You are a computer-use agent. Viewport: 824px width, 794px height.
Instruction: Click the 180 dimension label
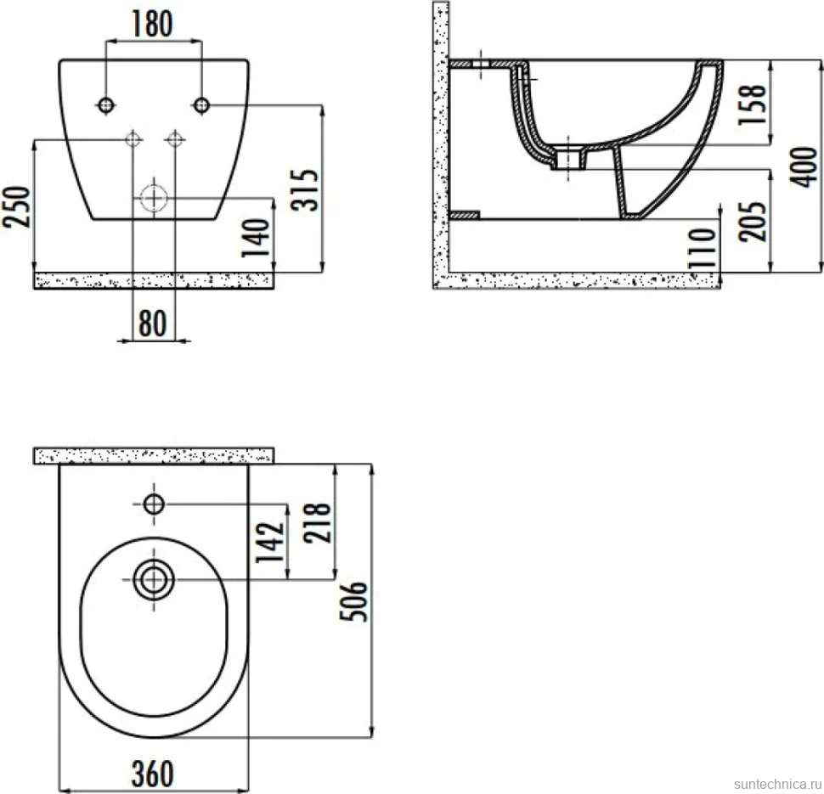[152, 24]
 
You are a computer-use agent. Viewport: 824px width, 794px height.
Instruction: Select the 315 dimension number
[305, 189]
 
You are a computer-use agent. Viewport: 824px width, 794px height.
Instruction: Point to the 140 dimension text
[256, 238]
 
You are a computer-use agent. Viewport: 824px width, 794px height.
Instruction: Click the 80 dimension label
[152, 324]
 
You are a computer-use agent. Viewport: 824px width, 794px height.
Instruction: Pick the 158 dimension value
[752, 104]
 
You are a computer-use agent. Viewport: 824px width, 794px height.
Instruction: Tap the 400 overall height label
[804, 167]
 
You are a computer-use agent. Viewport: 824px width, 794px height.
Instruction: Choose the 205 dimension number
[752, 222]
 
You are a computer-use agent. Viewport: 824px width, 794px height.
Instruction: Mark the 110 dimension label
[703, 247]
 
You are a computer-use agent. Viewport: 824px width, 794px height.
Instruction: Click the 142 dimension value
[270, 541]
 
